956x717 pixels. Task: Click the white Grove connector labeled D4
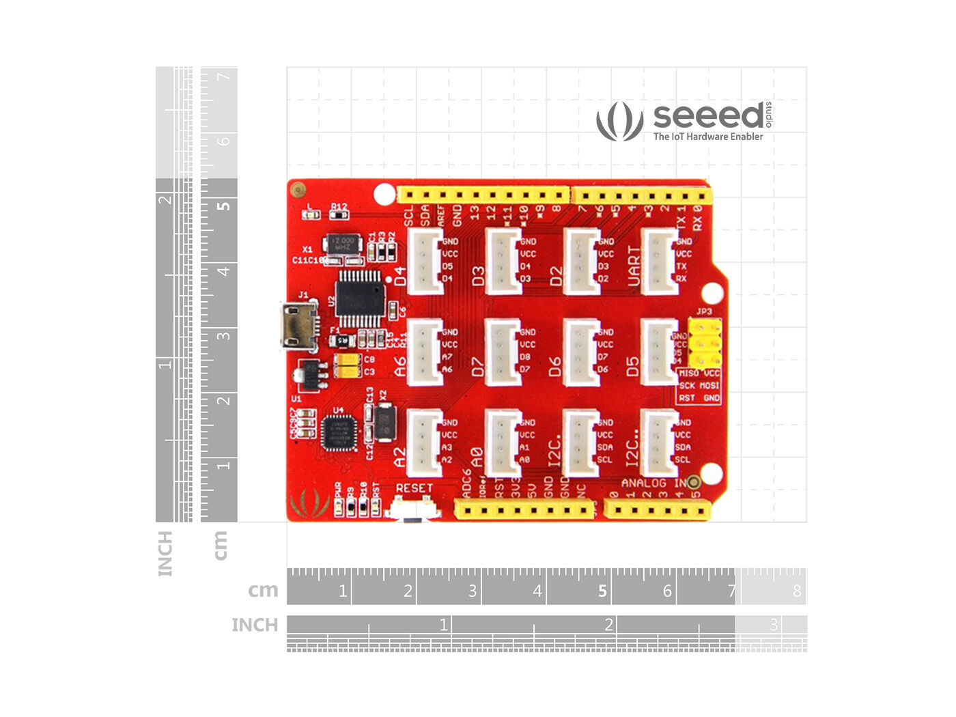coord(424,261)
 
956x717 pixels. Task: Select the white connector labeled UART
coord(658,261)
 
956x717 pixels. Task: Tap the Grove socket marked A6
coord(424,352)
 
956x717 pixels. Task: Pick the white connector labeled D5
coord(658,352)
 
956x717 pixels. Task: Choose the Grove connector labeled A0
coord(502,442)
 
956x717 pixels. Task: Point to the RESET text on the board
coord(414,488)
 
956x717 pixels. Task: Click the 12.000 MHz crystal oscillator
coord(342,244)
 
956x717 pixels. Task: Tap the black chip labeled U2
coord(360,298)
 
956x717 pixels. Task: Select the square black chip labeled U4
coord(339,432)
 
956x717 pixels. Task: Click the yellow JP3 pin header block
coord(704,343)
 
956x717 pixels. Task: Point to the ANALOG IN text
coord(653,483)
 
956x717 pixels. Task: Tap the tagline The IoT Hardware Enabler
coord(708,137)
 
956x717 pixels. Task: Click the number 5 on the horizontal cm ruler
coord(602,591)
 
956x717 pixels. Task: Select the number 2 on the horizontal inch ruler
coord(608,624)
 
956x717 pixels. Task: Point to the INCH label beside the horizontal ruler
coord(255,625)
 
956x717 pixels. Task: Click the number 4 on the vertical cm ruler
coord(223,271)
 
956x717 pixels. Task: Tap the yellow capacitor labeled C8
coord(348,359)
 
